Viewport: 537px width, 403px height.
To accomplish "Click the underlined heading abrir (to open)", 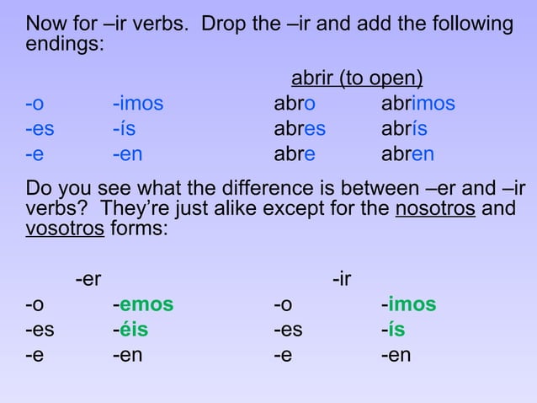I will click(357, 79).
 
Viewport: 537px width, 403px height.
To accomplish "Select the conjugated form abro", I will click(295, 105).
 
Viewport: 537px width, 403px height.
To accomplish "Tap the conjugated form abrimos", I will click(417, 105).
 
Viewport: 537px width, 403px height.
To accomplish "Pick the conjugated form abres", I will click(300, 130).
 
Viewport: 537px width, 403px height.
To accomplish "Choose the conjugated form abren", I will click(407, 155).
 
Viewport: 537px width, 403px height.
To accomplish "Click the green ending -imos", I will click(408, 304).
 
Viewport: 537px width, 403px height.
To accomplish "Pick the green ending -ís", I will click(392, 330).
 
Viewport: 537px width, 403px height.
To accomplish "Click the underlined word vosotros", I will click(65, 228).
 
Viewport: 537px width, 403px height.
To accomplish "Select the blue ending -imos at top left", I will click(138, 105).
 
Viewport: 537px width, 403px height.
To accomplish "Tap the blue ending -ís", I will click(124, 130).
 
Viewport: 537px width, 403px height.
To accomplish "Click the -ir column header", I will click(343, 279).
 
